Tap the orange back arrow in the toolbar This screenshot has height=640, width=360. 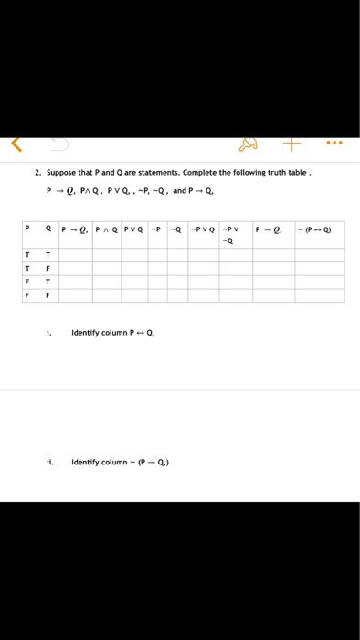tap(15, 144)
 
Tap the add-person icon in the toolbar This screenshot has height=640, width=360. tap(249, 144)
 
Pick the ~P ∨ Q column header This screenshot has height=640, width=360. tap(205, 229)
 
